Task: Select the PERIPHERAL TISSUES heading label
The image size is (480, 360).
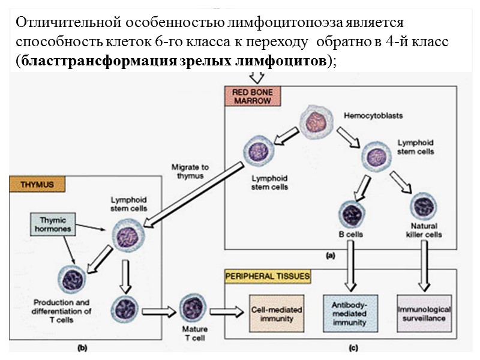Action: (267, 277)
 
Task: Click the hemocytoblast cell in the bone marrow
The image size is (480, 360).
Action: (316, 121)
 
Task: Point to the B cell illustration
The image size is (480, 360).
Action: (350, 214)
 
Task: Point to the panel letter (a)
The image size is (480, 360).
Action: (330, 256)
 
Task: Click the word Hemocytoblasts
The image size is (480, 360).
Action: (365, 115)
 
